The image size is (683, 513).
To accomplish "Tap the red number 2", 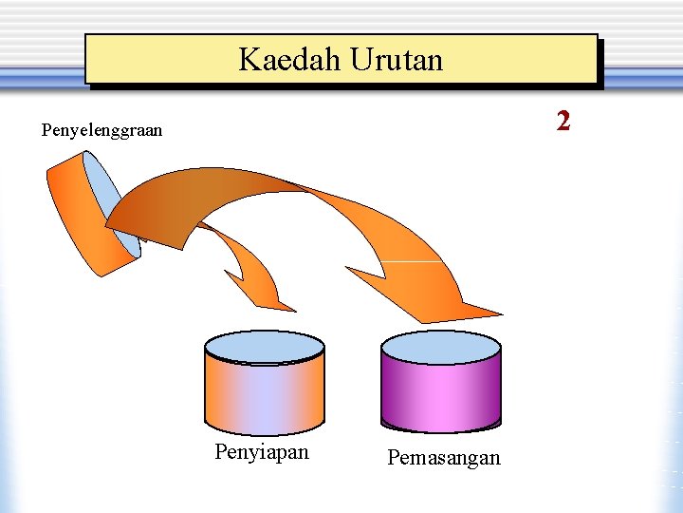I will (x=563, y=121).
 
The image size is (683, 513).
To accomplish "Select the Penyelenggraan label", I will (x=102, y=130).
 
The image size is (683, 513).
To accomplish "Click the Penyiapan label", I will (x=262, y=452).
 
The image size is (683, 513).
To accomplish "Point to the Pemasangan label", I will (x=443, y=458).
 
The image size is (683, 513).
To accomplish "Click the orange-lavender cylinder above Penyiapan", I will (x=265, y=394).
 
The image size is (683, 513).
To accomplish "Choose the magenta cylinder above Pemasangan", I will (x=440, y=394).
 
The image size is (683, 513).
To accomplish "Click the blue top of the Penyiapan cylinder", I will (x=265, y=347).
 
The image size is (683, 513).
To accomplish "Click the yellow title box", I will (x=341, y=60).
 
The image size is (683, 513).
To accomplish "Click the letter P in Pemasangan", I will (x=393, y=458).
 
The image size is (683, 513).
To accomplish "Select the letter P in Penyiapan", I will (x=221, y=452).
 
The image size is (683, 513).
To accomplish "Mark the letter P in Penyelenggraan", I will (x=46, y=130).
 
